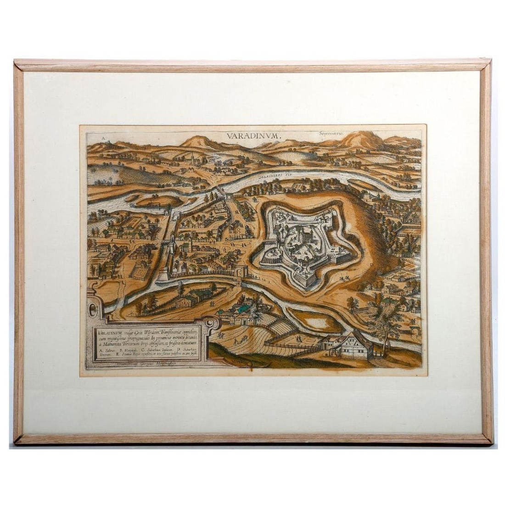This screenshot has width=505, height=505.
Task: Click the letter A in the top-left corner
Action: coord(91,136)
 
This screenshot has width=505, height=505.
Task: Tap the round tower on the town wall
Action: coord(163,275)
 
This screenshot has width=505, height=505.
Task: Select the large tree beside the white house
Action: coord(386,321)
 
